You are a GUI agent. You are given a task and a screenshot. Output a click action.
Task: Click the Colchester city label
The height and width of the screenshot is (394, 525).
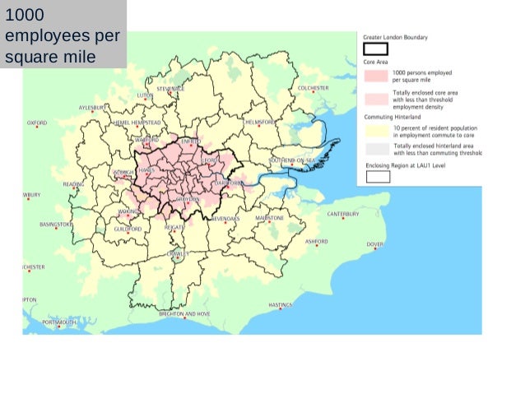tap(314, 88)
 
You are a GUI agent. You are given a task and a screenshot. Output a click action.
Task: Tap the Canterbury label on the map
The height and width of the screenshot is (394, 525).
tap(343, 214)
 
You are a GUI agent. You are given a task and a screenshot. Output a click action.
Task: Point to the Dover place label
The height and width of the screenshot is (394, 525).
tap(375, 244)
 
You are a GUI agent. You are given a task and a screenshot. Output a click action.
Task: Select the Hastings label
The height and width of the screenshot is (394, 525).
tap(281, 305)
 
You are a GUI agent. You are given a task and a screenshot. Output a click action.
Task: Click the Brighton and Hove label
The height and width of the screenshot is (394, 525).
tap(184, 314)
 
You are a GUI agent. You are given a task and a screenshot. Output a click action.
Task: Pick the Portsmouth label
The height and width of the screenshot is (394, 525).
tap(59, 322)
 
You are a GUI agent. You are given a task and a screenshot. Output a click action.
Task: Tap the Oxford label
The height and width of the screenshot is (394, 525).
tap(37, 123)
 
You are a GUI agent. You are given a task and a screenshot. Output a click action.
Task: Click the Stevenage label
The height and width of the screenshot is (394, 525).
tap(170, 88)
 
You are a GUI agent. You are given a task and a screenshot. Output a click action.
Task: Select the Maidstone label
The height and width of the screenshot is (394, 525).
tap(269, 218)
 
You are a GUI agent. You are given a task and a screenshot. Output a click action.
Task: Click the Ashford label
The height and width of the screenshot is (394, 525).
tap(317, 242)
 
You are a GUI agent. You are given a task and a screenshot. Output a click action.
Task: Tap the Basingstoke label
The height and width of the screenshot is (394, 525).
tap(56, 224)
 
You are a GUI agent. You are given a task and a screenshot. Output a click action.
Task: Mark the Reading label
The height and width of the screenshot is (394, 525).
tap(73, 184)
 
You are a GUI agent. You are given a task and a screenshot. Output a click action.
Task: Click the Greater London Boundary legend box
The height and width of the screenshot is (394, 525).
tap(376, 49)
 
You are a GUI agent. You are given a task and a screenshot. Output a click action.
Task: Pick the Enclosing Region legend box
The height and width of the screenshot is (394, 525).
tap(377, 175)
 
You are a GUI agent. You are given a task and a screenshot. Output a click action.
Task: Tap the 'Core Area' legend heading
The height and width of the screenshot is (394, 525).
tap(376, 63)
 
